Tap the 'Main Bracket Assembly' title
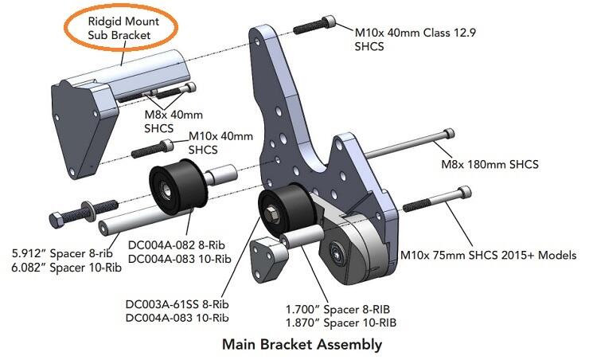pyautogui.click(x=302, y=345)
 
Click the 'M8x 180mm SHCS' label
pyautogui.click(x=490, y=165)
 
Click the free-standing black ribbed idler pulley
pyautogui.click(x=174, y=187)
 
